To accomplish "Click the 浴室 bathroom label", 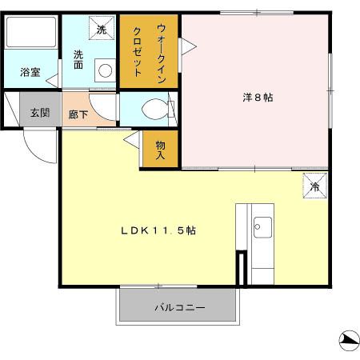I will pos(30,73).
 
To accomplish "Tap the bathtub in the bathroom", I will pos(31,33).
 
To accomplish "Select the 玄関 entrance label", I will pos(39,113).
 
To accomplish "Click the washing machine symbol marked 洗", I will pos(102,29).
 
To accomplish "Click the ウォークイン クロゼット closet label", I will pos(149,50).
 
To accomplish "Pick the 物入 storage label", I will pos(159,150).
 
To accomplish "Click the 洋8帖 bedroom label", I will pos(257,98).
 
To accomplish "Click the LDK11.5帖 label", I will pos(158,230).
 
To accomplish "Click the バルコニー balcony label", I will pos(179,307).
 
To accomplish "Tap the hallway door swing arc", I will pos(102,102).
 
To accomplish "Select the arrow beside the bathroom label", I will pos(51,79).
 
